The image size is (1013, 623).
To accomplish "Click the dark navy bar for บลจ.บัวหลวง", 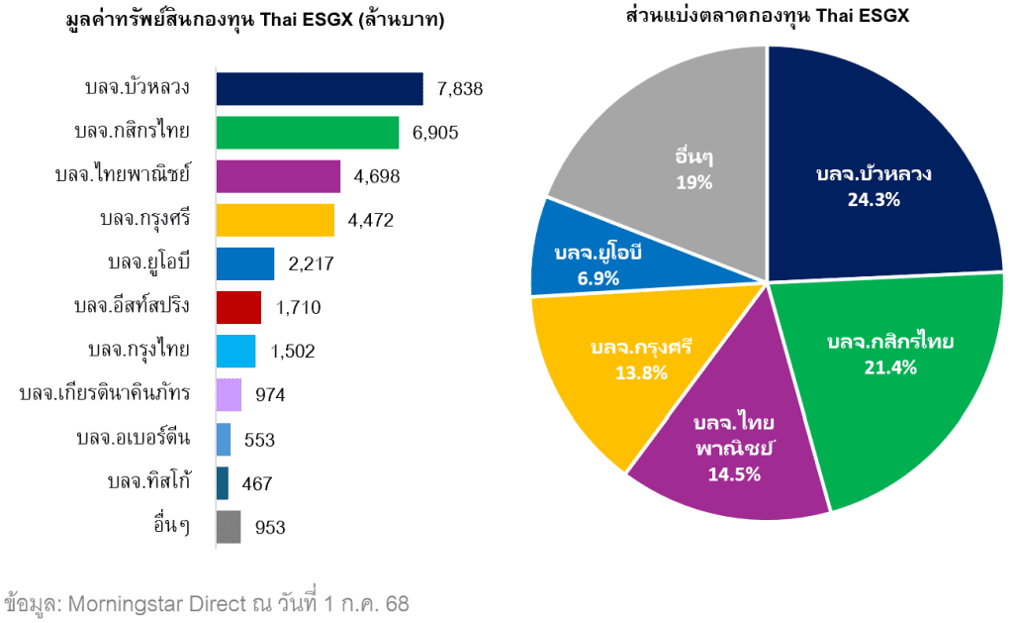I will tap(320, 89).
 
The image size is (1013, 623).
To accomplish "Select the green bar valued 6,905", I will tap(307, 133).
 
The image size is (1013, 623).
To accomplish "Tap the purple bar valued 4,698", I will tap(278, 176).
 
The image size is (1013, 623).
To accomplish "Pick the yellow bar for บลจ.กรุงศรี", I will tap(275, 220).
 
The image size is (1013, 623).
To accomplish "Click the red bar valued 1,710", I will tap(238, 307).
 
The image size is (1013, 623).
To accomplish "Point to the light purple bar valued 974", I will tap(229, 394).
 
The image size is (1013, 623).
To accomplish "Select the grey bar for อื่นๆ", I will tap(229, 527).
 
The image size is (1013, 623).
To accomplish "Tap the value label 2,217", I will tap(311, 263).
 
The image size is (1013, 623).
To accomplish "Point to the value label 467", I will tap(256, 483).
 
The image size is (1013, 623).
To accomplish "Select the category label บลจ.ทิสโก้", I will tap(148, 481).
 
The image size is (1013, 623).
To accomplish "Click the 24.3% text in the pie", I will tap(874, 199).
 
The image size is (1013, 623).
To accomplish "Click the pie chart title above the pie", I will tap(767, 17).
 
